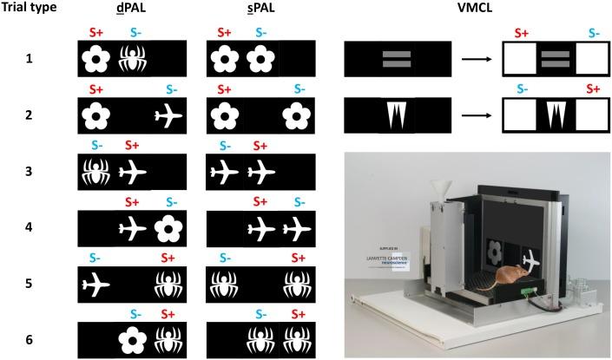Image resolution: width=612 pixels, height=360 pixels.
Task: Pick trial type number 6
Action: (x=30, y=337)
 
